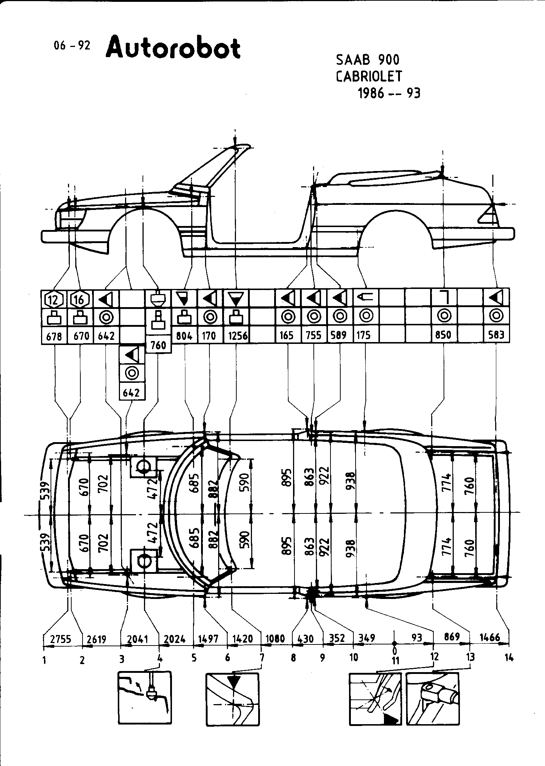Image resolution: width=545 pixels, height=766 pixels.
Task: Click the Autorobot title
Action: pos(173,47)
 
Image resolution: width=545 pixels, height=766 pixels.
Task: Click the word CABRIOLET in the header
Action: pos(369,76)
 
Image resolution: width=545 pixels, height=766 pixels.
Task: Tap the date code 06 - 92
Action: pos(72,46)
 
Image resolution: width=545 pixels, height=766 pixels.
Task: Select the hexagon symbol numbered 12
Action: pos(53,299)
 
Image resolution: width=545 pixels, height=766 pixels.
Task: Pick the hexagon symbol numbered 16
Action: pos(79,299)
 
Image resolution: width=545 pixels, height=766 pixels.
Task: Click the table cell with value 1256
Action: pos(237,335)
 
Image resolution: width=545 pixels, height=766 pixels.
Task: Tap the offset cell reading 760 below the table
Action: pos(158,345)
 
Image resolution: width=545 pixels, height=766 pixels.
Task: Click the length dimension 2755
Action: pos(61,639)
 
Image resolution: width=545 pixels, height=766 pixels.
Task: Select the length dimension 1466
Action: pos(490,637)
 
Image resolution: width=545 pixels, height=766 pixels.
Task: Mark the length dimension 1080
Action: pos(275,639)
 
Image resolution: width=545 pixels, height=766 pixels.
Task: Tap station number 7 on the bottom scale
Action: pos(261,658)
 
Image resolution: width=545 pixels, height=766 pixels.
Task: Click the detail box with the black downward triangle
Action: pos(233,699)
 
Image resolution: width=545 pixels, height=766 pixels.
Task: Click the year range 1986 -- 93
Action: pos(389,94)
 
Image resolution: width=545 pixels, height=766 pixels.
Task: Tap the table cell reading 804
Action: pos(184,335)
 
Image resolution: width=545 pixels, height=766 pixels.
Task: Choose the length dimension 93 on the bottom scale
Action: pos(417,638)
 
